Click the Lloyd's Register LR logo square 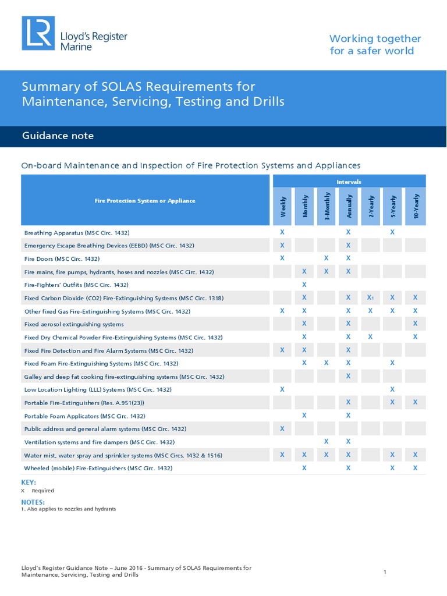click(38, 33)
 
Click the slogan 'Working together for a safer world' click(375, 45)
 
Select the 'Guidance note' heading click(58, 136)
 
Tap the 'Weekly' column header click(283, 207)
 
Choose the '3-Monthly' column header click(327, 207)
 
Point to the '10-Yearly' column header click(416, 207)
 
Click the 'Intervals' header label click(349, 182)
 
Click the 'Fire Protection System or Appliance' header click(145, 201)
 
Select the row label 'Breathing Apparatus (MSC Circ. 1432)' click(77, 233)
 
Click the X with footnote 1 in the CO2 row click(370, 297)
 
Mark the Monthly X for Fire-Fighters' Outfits click(304, 285)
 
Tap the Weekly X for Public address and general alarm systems click(282, 429)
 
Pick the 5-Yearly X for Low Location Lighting click(392, 389)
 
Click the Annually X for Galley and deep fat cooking click(348, 376)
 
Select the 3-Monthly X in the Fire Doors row click(326, 258)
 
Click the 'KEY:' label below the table click(29, 483)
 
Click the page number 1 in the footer click(385, 572)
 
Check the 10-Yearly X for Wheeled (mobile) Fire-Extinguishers click(415, 468)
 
